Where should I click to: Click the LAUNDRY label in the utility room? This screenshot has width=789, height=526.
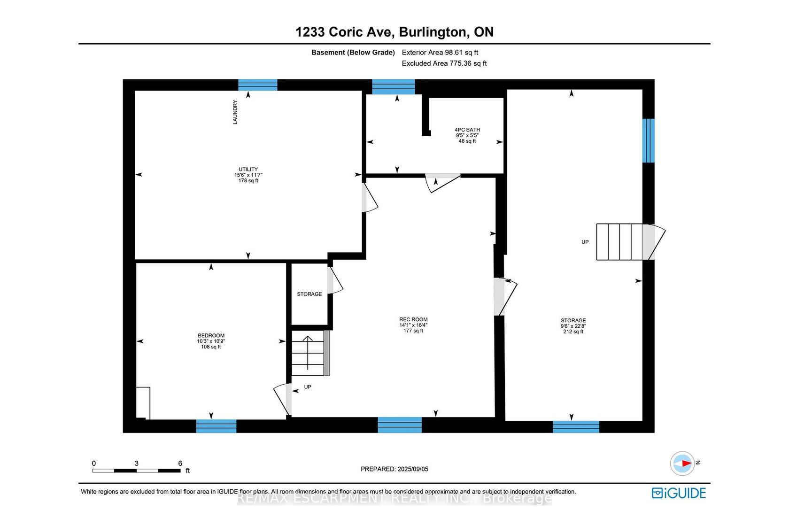(235, 112)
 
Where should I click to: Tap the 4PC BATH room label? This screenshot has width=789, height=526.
(467, 130)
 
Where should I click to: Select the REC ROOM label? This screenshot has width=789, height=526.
(413, 319)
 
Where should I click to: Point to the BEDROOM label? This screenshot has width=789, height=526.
(211, 335)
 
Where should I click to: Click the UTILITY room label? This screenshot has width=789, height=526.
(248, 169)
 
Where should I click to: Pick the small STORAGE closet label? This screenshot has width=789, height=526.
(309, 294)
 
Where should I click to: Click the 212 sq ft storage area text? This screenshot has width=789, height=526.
(573, 332)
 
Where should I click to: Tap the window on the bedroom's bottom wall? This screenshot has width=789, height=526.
(216, 426)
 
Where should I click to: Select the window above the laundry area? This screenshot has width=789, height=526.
(257, 85)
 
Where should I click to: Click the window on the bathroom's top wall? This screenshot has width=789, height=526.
(394, 87)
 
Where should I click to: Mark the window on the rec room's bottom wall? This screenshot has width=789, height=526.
(399, 425)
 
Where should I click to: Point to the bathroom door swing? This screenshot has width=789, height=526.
(443, 183)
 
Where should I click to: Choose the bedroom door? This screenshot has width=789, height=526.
(283, 399)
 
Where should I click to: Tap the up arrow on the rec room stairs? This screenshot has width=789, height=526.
(308, 353)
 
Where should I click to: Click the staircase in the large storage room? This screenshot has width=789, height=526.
(625, 242)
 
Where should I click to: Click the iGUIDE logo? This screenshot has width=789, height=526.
(679, 493)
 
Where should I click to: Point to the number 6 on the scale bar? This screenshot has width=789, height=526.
(180, 463)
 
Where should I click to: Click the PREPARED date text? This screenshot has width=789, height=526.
(394, 469)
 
